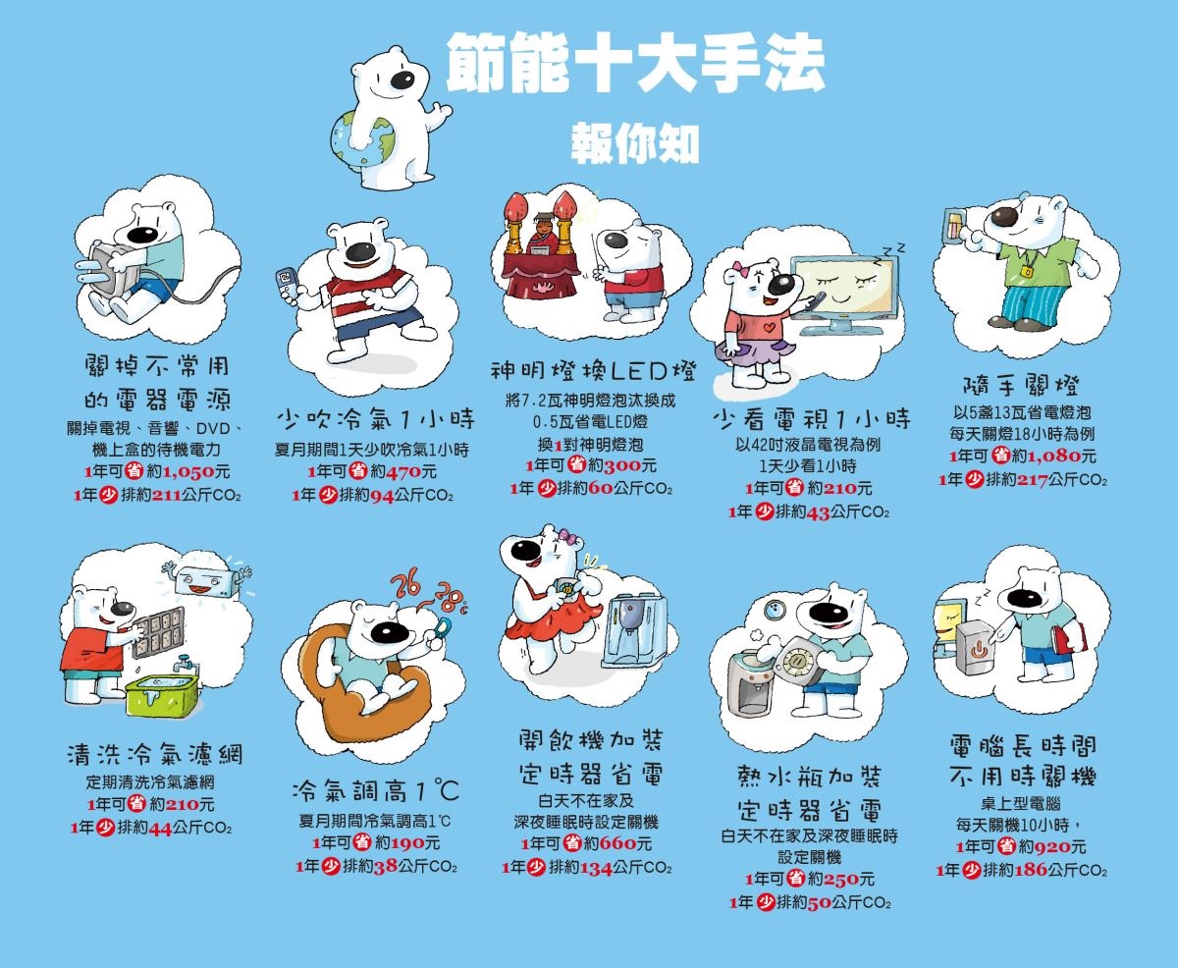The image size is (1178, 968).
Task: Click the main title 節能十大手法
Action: coord(635,62)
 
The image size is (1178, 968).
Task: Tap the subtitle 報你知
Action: coord(635,143)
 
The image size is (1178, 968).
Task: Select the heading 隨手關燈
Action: coord(1021,385)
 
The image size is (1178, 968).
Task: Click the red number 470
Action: coord(403,472)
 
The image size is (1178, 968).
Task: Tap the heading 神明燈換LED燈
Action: coord(593,371)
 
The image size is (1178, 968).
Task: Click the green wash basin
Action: coord(161,695)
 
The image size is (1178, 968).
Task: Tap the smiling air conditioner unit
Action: coord(205,581)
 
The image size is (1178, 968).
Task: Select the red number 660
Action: coord(617,843)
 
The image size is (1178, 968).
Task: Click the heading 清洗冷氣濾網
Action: coord(155,755)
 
